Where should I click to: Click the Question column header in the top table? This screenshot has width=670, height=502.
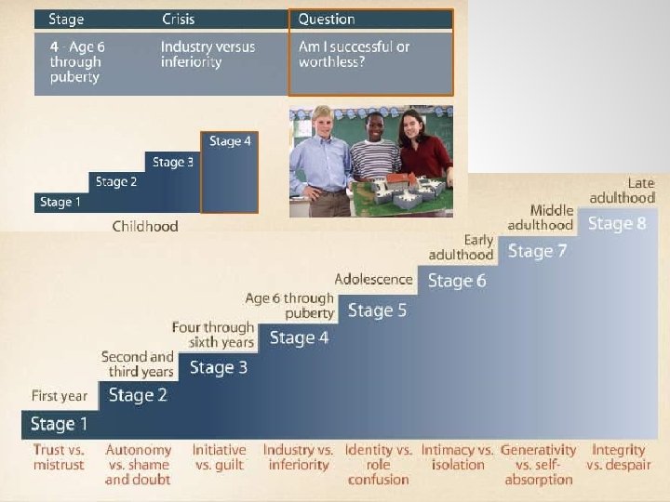327,20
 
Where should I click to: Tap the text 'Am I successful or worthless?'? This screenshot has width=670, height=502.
355,54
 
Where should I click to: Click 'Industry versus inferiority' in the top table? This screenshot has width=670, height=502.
208,54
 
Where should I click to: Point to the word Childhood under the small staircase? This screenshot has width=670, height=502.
145,226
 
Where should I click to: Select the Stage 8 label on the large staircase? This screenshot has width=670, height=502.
617,224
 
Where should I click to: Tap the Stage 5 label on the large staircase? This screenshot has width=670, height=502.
377,310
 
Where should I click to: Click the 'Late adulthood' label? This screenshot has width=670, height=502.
623,191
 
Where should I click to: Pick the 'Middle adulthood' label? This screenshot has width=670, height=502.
541,218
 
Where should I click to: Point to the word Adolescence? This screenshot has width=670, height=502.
373,279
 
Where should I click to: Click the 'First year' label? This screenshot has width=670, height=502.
59,396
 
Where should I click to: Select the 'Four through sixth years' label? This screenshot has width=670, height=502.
213,335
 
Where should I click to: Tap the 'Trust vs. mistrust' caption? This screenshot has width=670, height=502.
59,456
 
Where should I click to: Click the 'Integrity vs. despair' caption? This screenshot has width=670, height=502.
619,456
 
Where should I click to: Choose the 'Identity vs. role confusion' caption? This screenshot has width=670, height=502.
379,464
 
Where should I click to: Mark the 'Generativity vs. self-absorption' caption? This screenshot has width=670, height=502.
539,464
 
